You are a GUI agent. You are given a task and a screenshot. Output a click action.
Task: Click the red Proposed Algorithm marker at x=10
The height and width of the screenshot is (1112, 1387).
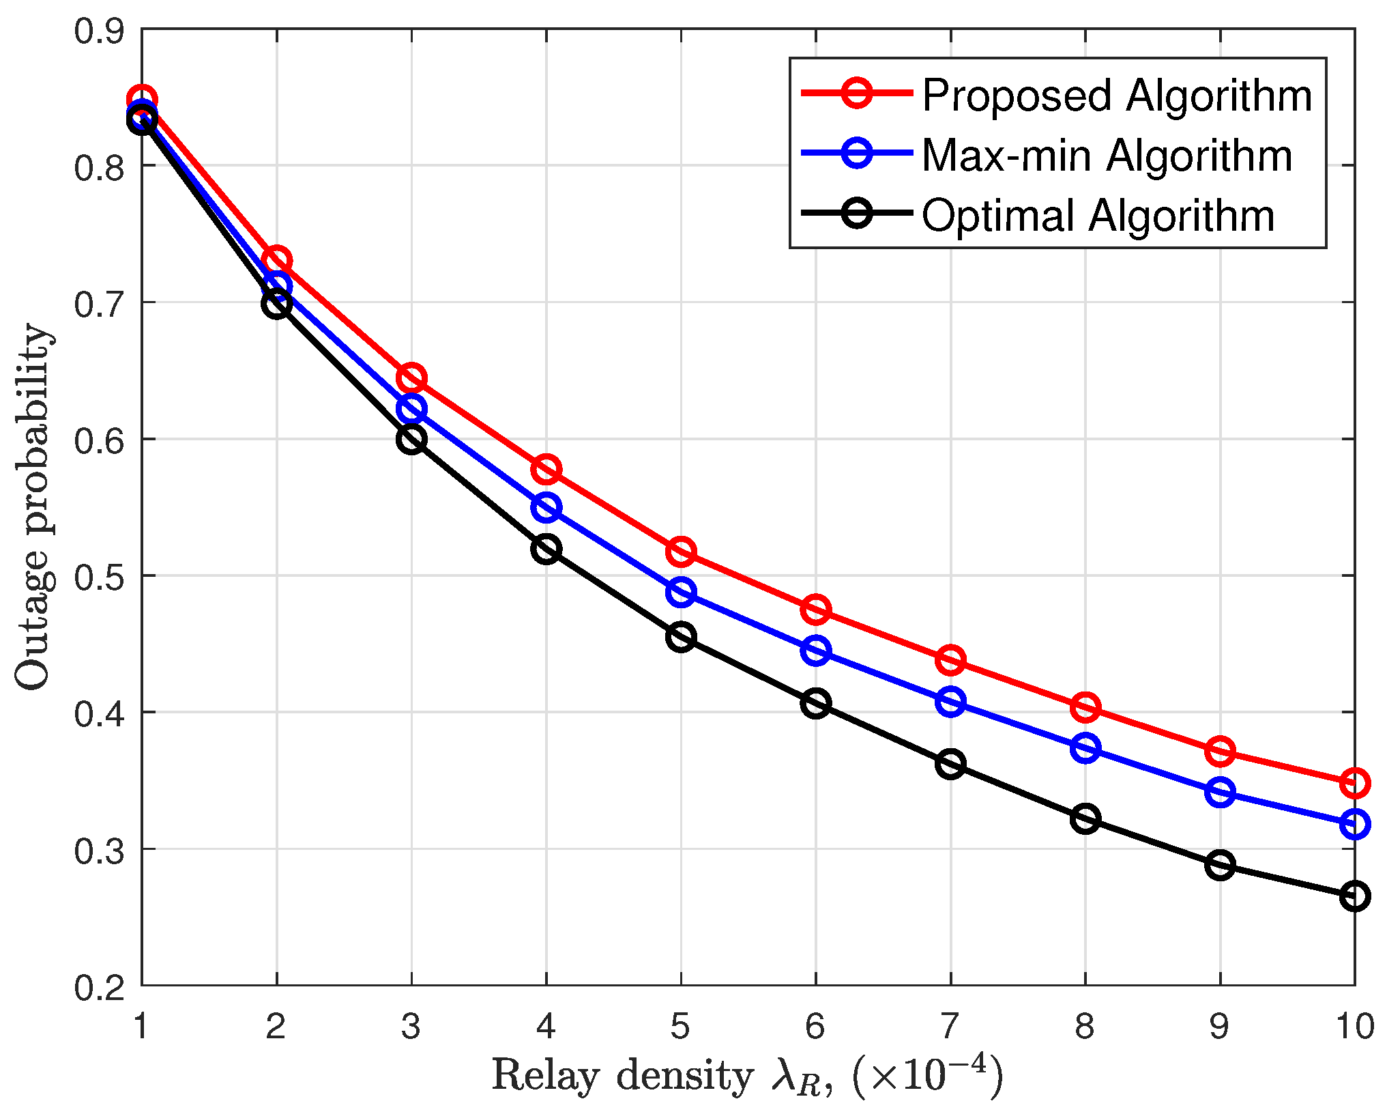click(x=1354, y=783)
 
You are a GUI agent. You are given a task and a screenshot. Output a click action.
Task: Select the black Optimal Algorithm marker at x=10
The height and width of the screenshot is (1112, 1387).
click(x=1354, y=896)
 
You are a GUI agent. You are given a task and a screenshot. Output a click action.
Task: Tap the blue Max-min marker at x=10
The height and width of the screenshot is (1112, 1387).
click(x=1354, y=824)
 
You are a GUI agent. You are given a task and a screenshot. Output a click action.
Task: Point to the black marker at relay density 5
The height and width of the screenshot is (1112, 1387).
click(x=681, y=637)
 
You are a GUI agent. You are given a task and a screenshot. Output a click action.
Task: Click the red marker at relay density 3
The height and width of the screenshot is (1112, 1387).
click(x=411, y=377)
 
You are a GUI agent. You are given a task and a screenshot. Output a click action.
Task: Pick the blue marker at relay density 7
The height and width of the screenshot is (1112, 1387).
click(x=950, y=702)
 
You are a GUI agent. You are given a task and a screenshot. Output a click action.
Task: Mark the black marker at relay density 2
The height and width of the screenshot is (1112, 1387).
click(x=276, y=303)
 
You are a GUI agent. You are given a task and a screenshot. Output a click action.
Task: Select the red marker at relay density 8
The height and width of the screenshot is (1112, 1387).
click(x=1085, y=707)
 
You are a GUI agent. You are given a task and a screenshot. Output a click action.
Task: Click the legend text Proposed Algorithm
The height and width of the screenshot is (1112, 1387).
click(x=1117, y=96)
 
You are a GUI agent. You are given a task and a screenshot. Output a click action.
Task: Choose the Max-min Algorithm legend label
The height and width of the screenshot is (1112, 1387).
click(x=1107, y=156)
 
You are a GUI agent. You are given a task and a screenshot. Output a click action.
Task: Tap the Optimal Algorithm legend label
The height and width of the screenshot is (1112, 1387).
click(x=1098, y=216)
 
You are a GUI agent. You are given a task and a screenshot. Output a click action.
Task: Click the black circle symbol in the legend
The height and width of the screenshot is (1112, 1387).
click(x=857, y=213)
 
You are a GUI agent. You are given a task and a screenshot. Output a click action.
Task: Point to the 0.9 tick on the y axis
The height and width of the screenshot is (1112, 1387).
click(x=100, y=31)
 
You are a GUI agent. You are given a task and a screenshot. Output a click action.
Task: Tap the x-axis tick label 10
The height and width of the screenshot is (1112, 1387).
click(x=1354, y=1026)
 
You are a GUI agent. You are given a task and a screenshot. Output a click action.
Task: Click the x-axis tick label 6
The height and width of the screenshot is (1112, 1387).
click(x=815, y=1026)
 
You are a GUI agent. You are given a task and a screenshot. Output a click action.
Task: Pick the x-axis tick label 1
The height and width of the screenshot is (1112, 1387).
click(x=141, y=1026)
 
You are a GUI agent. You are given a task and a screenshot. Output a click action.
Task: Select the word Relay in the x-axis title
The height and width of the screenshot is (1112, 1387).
click(x=545, y=1076)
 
